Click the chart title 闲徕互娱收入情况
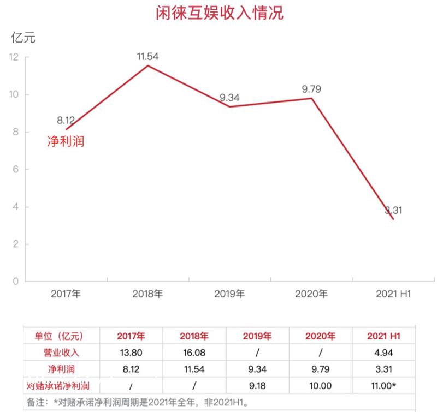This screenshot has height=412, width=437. tap(219, 13)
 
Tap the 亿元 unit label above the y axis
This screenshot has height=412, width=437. tap(23, 38)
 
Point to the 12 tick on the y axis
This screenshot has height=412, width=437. tap(14, 57)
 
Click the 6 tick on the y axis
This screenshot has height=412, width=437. tap(16, 170)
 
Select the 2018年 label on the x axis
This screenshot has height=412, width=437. tap(147, 294)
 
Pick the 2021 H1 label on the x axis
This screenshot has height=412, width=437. tap(393, 294)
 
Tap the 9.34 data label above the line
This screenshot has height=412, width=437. tap(229, 98)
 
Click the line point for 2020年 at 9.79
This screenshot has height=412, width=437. tap(311, 98)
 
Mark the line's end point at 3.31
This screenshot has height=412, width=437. tap(393, 219)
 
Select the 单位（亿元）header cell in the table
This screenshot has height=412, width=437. tap(60, 336)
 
